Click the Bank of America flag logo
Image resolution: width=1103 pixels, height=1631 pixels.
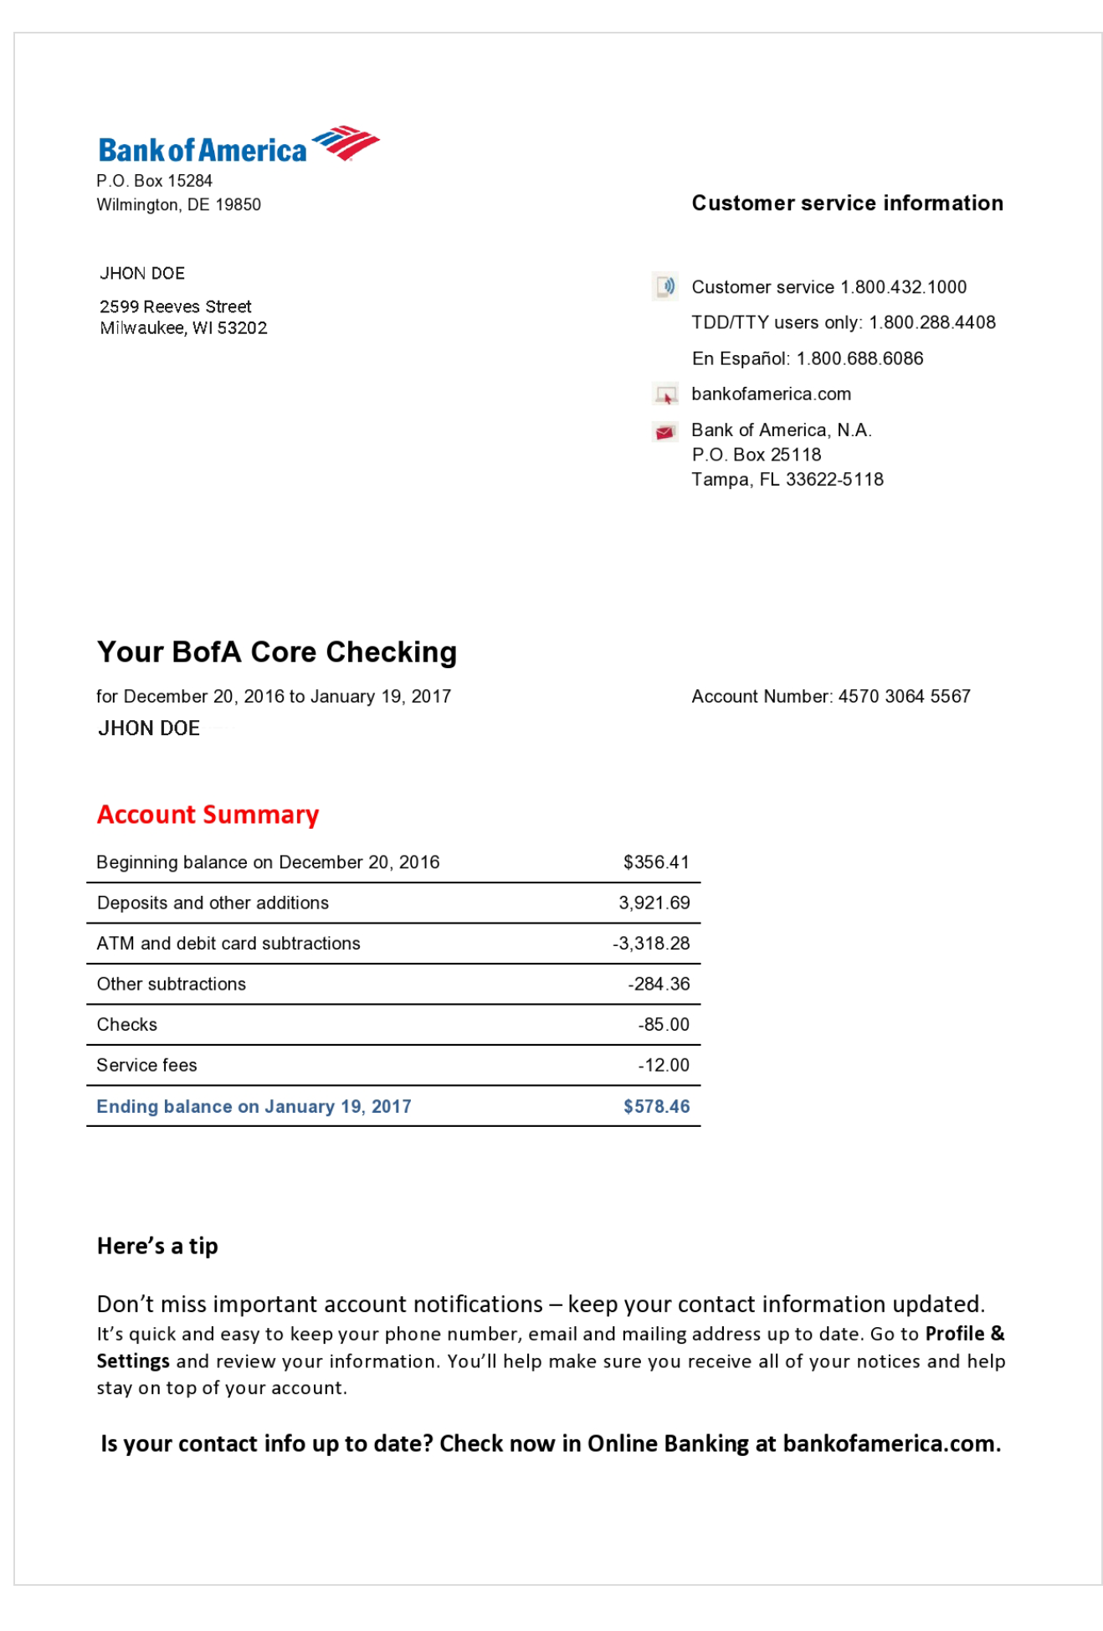point(346,143)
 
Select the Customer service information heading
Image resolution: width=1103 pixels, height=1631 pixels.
point(847,203)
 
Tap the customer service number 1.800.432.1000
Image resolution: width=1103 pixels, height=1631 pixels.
point(903,287)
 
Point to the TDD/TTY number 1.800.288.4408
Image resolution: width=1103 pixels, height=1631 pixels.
point(931,323)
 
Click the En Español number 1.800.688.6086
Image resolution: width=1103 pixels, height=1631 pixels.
point(859,359)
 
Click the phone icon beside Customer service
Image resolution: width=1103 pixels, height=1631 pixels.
point(665,286)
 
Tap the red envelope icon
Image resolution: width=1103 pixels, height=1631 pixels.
point(665,432)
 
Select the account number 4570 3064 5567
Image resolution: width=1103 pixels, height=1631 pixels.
point(904,697)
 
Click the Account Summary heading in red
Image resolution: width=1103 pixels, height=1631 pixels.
point(208,815)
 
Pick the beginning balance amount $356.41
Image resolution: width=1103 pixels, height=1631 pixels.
point(656,862)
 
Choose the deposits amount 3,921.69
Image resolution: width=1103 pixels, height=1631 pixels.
point(654,903)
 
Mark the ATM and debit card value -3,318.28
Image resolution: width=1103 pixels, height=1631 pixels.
point(651,944)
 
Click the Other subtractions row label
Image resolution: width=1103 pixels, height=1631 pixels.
point(172,985)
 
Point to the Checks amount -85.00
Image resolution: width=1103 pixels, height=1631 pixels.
point(664,1025)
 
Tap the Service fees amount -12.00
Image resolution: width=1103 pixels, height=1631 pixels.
point(664,1066)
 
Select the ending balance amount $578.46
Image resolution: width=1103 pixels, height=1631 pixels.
point(656,1107)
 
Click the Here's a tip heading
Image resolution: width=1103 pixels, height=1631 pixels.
point(157,1247)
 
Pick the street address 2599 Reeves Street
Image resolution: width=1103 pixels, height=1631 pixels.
point(176,307)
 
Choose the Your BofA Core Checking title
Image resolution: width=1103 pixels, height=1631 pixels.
point(277,652)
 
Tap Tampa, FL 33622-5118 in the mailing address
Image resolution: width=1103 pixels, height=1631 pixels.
point(787,480)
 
